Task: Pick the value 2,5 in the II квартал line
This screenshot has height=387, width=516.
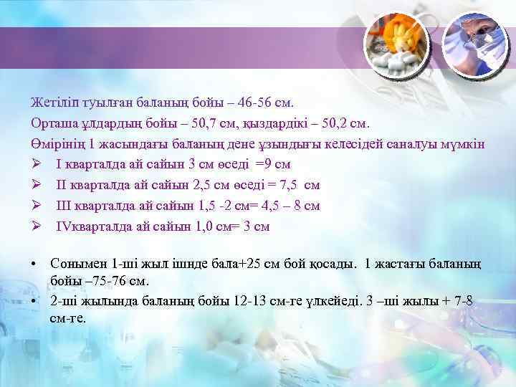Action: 204,186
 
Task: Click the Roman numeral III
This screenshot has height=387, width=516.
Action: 65,206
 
